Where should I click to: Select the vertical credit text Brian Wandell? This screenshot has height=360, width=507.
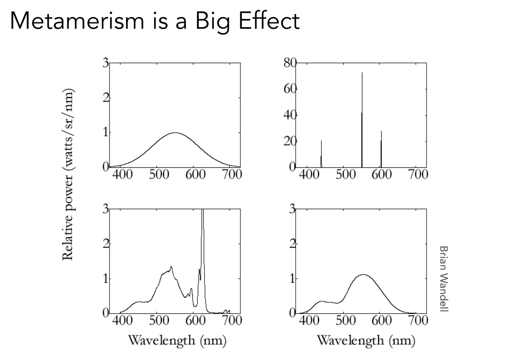tap(443, 278)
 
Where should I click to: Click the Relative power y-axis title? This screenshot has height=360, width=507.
tap(69, 175)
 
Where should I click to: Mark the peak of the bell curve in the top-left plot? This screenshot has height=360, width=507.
tap(174, 132)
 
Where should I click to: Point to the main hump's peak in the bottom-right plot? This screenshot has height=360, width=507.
tap(364, 275)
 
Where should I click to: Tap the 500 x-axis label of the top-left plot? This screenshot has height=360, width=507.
tap(158, 175)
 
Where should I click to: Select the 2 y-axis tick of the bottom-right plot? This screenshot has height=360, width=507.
tap(292, 244)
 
